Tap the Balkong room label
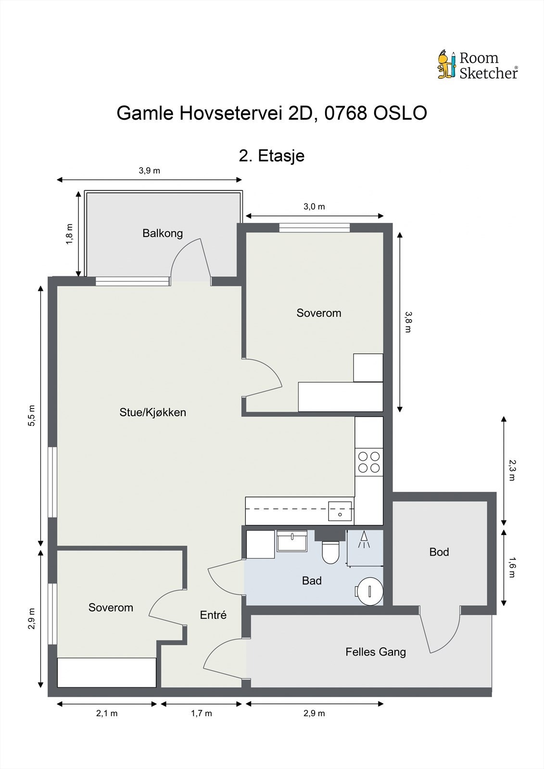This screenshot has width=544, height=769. click(x=163, y=234)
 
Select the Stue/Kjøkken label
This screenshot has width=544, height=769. click(x=152, y=412)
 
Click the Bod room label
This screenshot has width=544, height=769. click(x=439, y=552)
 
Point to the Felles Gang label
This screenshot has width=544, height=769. click(x=376, y=652)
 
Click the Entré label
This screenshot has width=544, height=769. click(x=213, y=615)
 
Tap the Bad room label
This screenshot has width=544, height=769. click(x=312, y=581)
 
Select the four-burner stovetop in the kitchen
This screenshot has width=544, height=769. click(x=369, y=462)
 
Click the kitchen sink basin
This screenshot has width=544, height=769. click(x=340, y=511)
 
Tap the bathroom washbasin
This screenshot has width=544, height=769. click(x=292, y=541)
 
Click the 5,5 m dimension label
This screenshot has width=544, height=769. click(x=32, y=416)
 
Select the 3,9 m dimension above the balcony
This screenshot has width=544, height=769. click(x=149, y=171)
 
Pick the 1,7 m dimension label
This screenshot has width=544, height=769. click(x=202, y=713)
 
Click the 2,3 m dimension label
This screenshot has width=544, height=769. click(x=512, y=470)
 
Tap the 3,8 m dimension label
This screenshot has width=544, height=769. click(x=408, y=322)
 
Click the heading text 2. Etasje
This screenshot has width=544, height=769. click(x=271, y=156)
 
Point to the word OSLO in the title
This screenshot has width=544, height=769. click(x=400, y=113)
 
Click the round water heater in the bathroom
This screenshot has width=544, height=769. click(x=370, y=591)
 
